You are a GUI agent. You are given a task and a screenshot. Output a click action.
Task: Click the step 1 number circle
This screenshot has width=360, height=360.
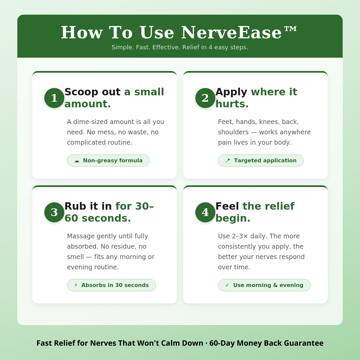pyautogui.click(x=54, y=98)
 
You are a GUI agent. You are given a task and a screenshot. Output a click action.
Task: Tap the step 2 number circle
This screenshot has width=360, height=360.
pyautogui.click(x=205, y=98)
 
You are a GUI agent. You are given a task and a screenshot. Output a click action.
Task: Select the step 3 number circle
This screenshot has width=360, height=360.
pyautogui.click(x=54, y=212)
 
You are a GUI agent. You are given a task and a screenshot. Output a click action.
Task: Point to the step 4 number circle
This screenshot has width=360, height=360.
pyautogui.click(x=205, y=212)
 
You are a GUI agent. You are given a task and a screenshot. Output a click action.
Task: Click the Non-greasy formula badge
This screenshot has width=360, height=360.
pyautogui.click(x=108, y=160)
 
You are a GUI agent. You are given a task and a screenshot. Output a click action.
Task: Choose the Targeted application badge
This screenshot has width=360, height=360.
pyautogui.click(x=261, y=160)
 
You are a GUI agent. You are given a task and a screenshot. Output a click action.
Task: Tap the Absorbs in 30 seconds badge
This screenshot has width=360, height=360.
pyautogui.click(x=111, y=285)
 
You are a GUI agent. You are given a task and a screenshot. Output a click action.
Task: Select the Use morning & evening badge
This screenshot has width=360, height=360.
pyautogui.click(x=264, y=285)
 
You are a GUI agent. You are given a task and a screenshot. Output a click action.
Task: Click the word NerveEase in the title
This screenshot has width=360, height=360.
pyautogui.click(x=231, y=32)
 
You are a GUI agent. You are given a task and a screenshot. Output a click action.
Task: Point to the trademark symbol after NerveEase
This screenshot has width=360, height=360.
pyautogui.click(x=290, y=29)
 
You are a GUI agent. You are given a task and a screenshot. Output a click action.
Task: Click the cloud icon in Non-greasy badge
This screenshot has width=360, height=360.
pyautogui.click(x=77, y=161)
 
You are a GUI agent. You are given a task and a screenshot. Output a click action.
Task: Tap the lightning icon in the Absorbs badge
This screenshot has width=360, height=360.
pyautogui.click(x=76, y=285)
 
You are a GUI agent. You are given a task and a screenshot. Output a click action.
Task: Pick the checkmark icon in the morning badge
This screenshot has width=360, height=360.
pyautogui.click(x=227, y=285)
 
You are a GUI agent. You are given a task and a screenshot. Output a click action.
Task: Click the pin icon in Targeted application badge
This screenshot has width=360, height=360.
pyautogui.click(x=228, y=160)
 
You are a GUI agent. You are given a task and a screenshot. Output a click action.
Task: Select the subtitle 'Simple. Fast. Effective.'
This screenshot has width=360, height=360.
pyautogui.click(x=180, y=47)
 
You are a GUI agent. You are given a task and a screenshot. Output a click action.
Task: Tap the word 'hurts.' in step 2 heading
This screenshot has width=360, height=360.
pyautogui.click(x=232, y=104)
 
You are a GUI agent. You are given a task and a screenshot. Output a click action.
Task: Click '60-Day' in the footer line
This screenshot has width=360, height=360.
pyautogui.click(x=222, y=343)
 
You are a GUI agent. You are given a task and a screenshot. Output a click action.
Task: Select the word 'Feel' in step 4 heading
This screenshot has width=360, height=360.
pyautogui.click(x=227, y=206)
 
